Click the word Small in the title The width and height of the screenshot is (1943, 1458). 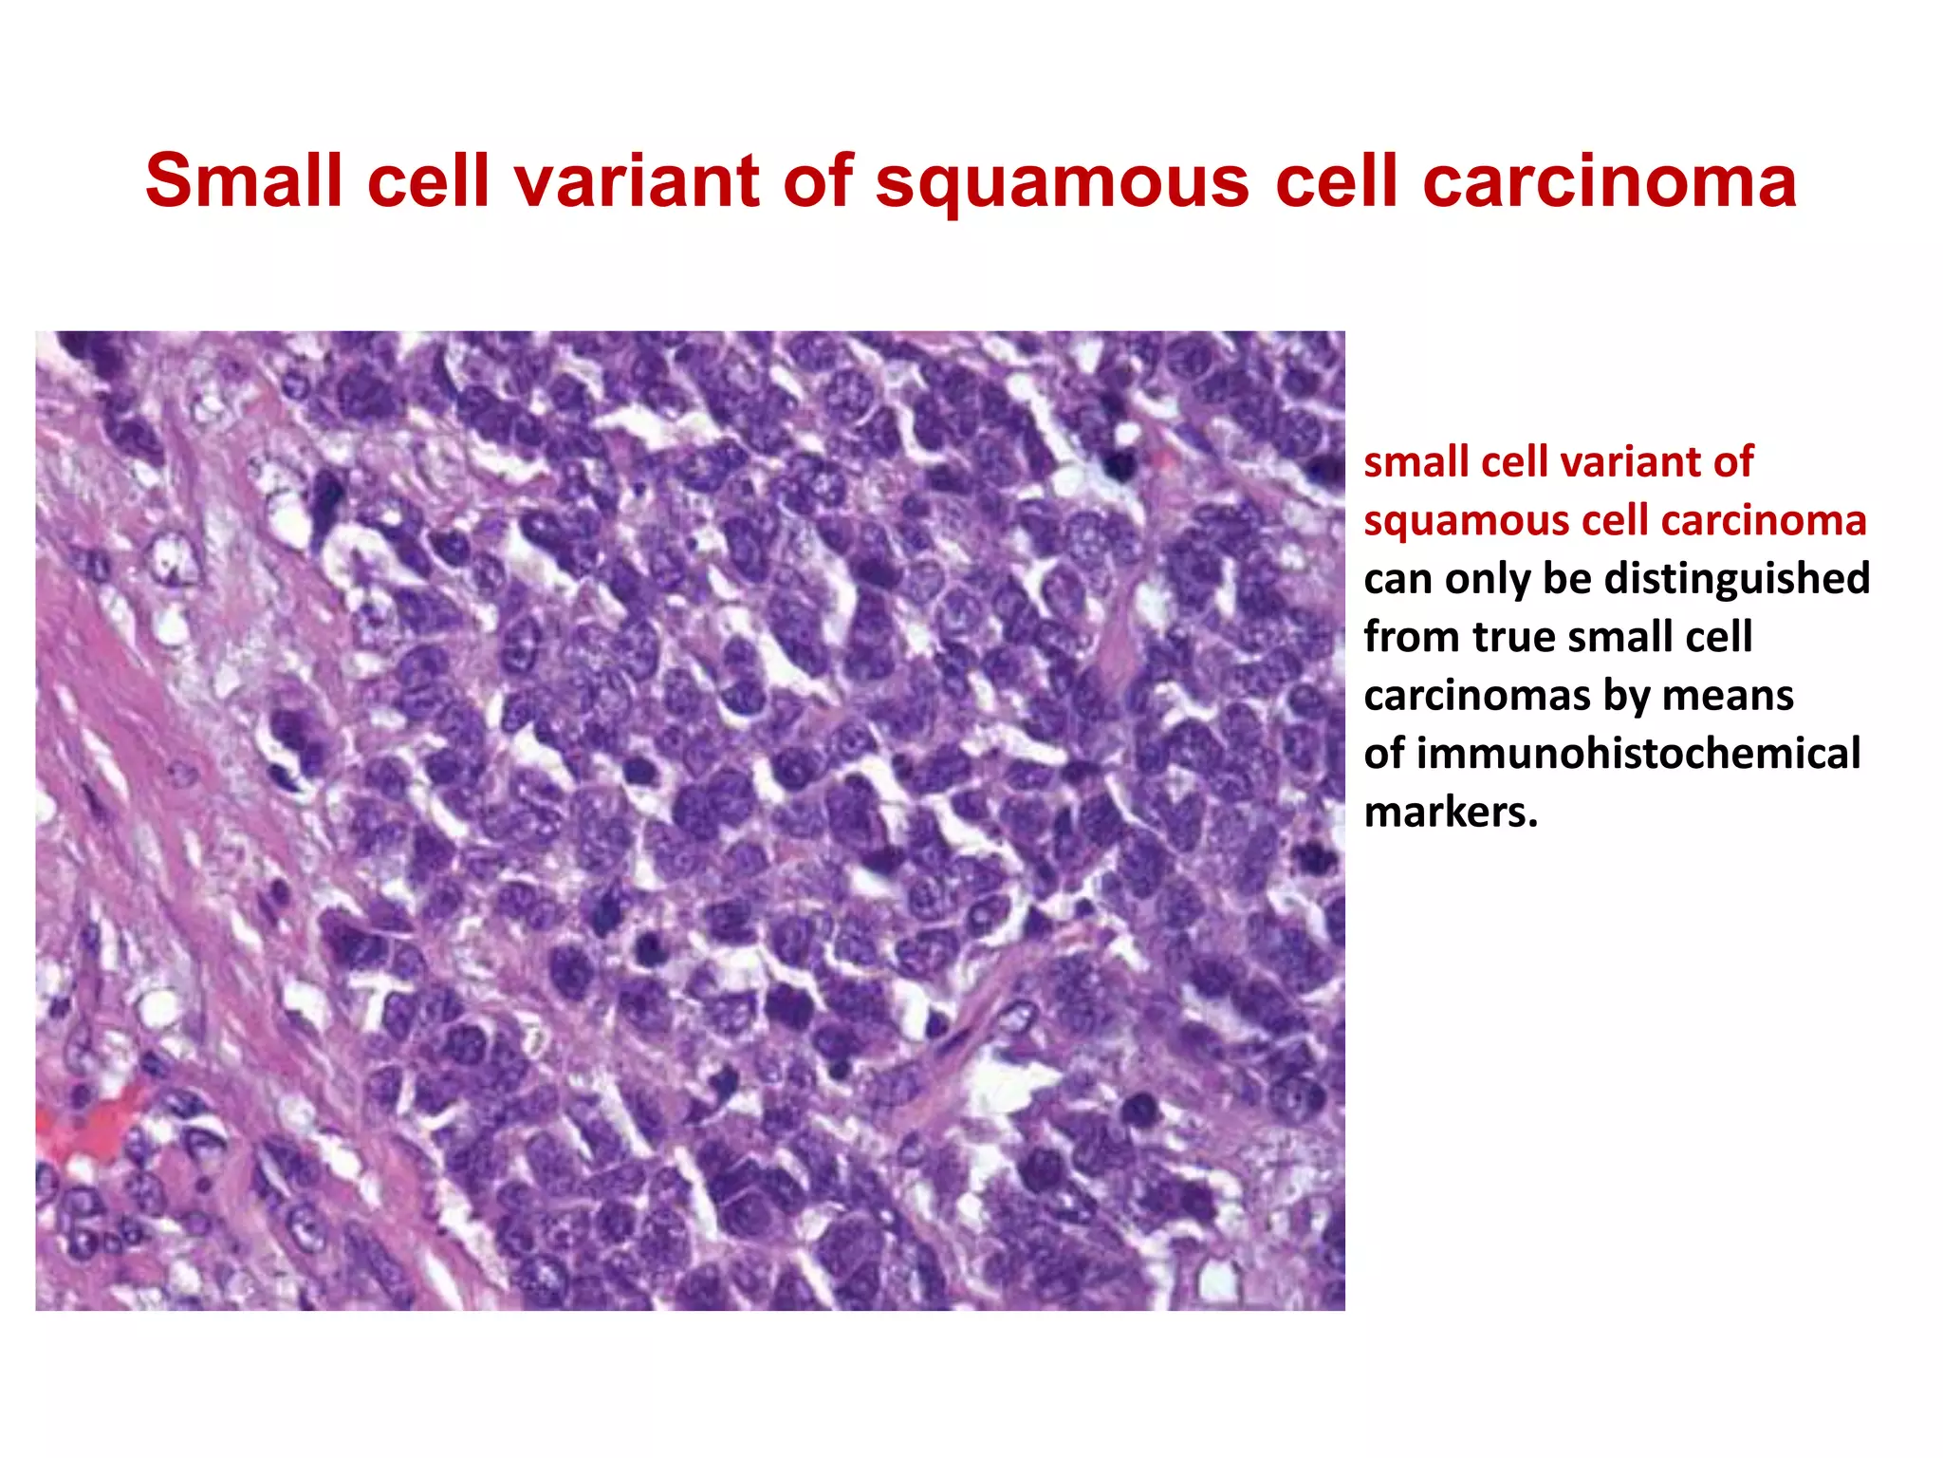click(244, 180)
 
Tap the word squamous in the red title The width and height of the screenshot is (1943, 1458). click(1062, 182)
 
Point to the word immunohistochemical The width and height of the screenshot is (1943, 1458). click(1611, 754)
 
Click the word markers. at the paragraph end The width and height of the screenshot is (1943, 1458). click(1450, 813)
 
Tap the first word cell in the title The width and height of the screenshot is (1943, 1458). click(427, 180)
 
